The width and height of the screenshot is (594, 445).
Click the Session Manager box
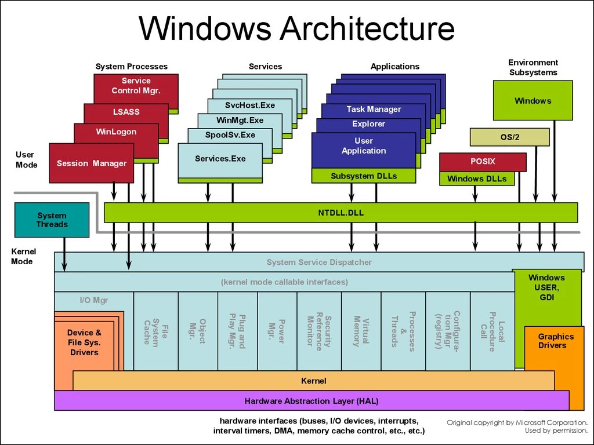92,163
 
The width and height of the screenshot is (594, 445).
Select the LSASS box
126,112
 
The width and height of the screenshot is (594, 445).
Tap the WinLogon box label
116,132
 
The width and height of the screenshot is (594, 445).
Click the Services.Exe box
220,159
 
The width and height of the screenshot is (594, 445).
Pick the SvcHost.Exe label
250,105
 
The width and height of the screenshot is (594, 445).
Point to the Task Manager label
374,109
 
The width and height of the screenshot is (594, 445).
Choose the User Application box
364,146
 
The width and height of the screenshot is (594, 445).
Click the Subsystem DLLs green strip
364,176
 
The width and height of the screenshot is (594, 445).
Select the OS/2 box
509,137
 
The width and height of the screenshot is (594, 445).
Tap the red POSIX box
483,162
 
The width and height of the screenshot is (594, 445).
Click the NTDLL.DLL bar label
341,213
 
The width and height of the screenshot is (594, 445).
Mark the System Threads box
52,220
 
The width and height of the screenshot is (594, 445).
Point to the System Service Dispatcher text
319,262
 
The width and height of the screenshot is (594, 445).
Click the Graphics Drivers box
555,342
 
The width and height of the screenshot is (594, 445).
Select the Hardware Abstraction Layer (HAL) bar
312,401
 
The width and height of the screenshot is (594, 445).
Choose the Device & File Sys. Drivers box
84,342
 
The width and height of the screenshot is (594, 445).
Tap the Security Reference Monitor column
319,331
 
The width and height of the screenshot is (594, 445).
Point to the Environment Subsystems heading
533,67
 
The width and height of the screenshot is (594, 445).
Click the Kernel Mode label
23,257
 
